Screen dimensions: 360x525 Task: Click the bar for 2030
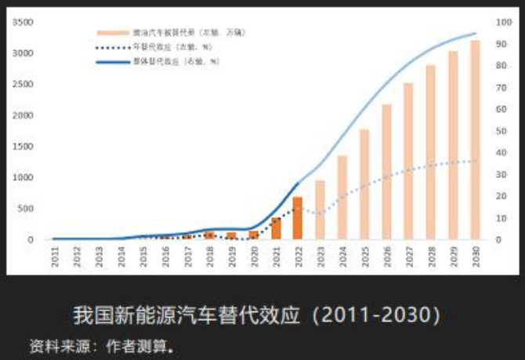pos(475,140)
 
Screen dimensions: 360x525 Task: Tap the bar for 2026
pos(386,172)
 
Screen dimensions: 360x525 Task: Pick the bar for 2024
pos(342,197)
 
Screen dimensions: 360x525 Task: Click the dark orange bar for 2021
pos(276,228)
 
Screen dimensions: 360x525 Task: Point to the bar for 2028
pos(430,152)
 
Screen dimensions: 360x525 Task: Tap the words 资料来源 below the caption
pos(52,344)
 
